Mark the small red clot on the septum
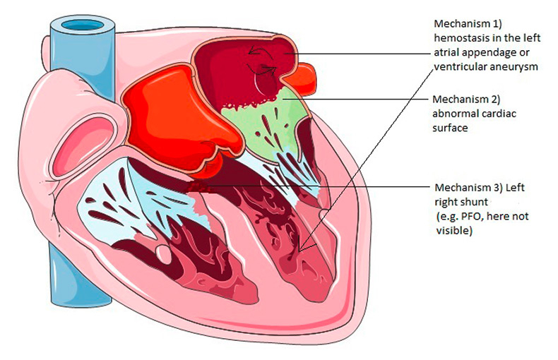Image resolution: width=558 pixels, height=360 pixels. [200, 186]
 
